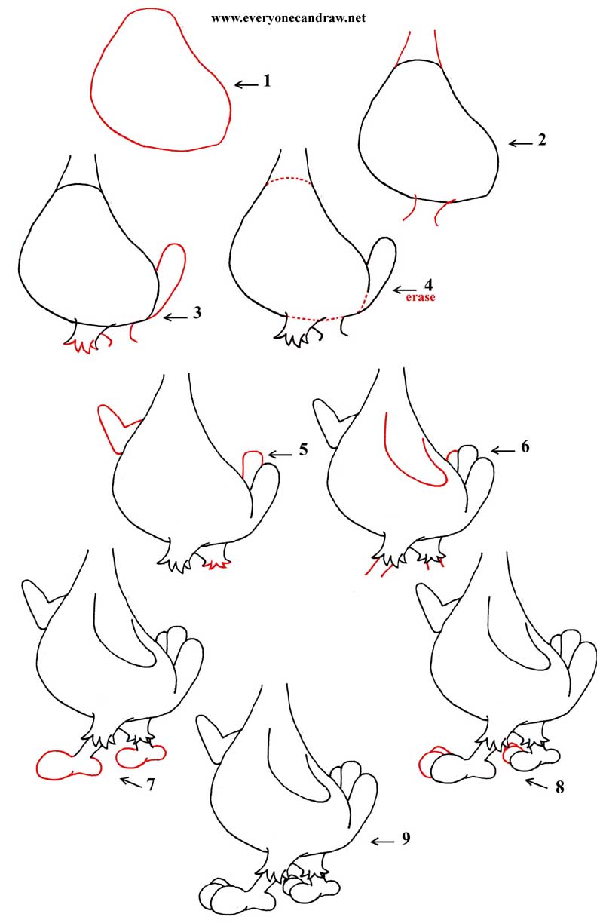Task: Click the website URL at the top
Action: tap(288, 17)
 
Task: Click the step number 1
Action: tap(266, 81)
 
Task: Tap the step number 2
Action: tap(541, 141)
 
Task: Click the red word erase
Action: tap(421, 298)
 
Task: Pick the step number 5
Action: tap(303, 451)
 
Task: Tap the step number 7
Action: tap(151, 784)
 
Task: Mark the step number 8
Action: tap(559, 788)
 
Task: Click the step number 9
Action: tap(406, 838)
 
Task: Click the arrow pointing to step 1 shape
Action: tap(245, 84)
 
